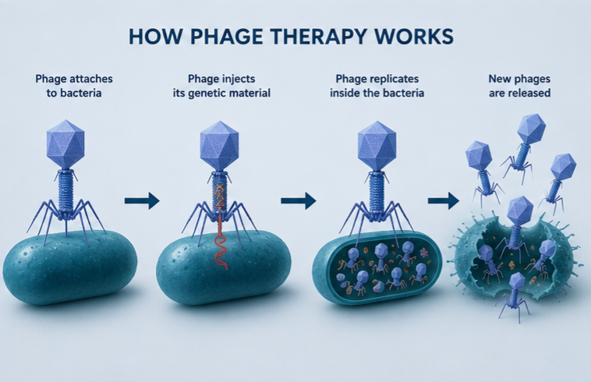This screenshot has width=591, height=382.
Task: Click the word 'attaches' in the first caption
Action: [x=90, y=79]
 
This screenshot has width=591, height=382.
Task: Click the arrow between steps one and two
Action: [x=142, y=200]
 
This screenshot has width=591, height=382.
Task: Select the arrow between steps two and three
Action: [x=298, y=200]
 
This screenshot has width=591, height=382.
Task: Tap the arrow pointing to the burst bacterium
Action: [x=444, y=200]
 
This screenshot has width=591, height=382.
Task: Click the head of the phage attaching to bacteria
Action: [x=65, y=144]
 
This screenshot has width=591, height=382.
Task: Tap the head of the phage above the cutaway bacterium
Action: [x=377, y=145]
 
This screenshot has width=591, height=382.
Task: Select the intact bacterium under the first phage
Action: [x=69, y=267]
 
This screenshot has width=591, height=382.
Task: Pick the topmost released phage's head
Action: [x=532, y=129]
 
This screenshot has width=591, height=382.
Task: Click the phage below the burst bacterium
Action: [x=515, y=296]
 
